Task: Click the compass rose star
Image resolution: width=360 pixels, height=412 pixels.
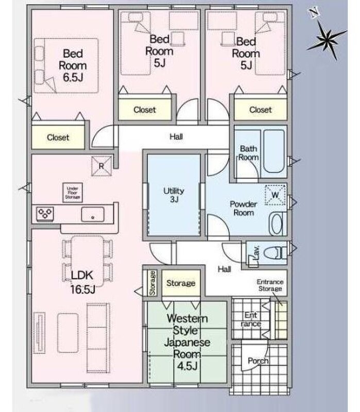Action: tap(327, 40)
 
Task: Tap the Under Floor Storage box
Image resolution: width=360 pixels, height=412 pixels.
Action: tap(73, 193)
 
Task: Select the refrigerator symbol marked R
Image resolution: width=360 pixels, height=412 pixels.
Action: tap(101, 166)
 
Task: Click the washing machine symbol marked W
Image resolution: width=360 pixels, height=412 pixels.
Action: tap(275, 195)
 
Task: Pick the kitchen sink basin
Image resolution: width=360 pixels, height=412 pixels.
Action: tap(93, 214)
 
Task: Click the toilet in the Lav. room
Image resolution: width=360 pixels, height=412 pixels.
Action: tap(275, 253)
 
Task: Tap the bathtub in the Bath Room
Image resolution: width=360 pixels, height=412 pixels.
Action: tap(274, 151)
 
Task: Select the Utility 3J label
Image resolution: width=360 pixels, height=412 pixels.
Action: tap(174, 195)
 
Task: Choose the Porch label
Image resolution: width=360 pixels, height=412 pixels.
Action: tap(258, 361)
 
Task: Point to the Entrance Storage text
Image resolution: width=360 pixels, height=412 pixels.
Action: tap(270, 285)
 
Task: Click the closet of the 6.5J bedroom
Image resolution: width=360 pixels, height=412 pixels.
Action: tap(58, 137)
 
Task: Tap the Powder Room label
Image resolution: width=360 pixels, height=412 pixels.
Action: tap(243, 208)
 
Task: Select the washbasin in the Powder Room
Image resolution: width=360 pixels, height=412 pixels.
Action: tap(278, 224)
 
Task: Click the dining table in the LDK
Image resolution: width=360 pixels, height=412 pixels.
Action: tap(88, 261)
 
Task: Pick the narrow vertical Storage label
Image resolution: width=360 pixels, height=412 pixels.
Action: tap(152, 283)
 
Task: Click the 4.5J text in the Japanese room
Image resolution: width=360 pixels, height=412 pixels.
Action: tap(187, 366)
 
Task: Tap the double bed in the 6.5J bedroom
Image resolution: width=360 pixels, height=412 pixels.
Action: tap(66, 66)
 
